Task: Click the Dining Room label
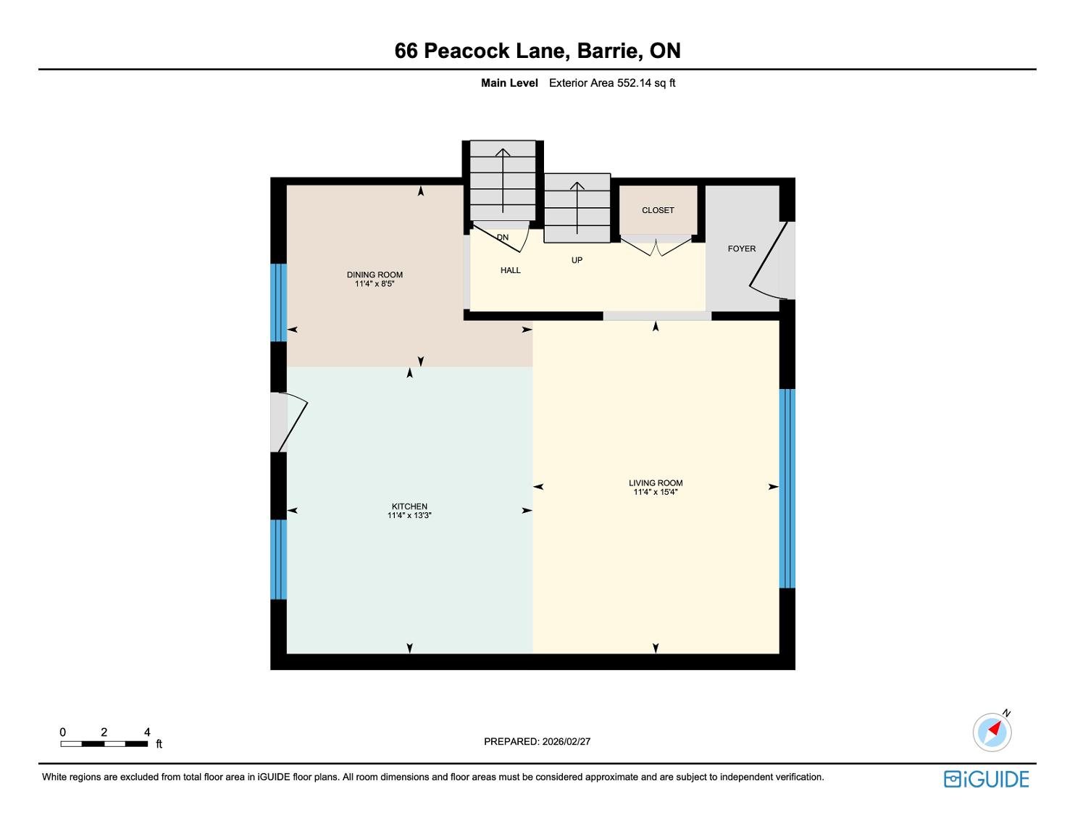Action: point(375,275)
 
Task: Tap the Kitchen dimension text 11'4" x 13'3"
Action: point(409,515)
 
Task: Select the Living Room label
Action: point(656,483)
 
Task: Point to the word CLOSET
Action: point(658,210)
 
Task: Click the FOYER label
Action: point(742,249)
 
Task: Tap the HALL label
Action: point(510,270)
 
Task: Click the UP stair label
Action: point(577,260)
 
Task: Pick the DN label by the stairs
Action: point(503,238)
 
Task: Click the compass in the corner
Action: point(992,732)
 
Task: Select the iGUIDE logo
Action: point(987,779)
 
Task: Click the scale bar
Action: point(104,744)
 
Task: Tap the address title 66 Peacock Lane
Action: point(479,51)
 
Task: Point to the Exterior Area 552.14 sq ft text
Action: point(612,83)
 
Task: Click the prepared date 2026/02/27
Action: point(566,741)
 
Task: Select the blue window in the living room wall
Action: point(787,489)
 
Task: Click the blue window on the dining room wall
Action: point(278,302)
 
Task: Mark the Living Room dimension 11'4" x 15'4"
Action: point(656,492)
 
